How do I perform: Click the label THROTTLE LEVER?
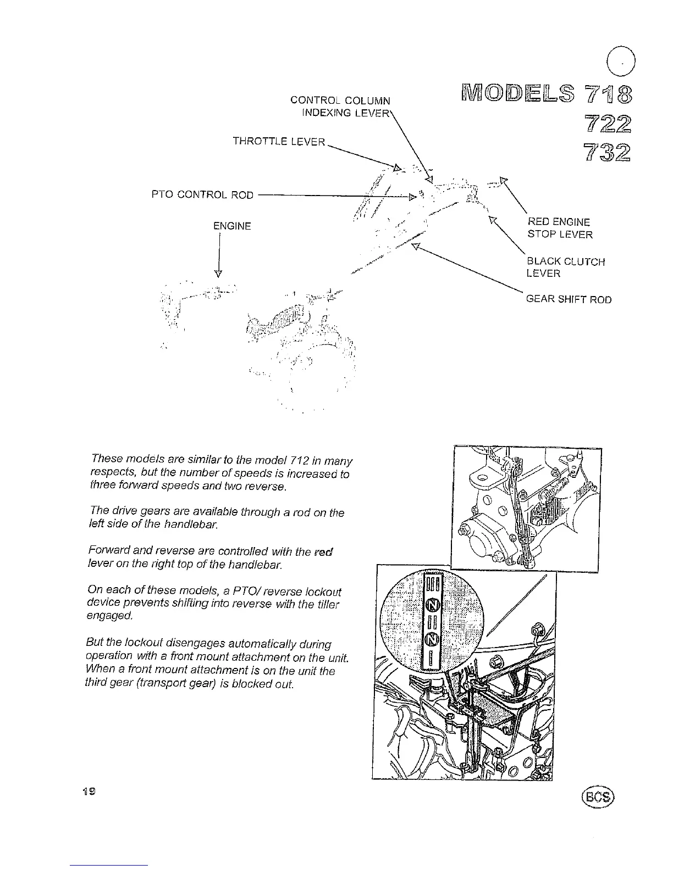279,142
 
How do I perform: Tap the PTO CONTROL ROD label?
202,195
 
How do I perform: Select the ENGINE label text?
232,226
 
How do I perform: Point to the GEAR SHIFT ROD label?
569,299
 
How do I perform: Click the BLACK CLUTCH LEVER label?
565,267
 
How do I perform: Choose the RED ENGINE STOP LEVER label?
560,228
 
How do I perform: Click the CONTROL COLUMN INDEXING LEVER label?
341,107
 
